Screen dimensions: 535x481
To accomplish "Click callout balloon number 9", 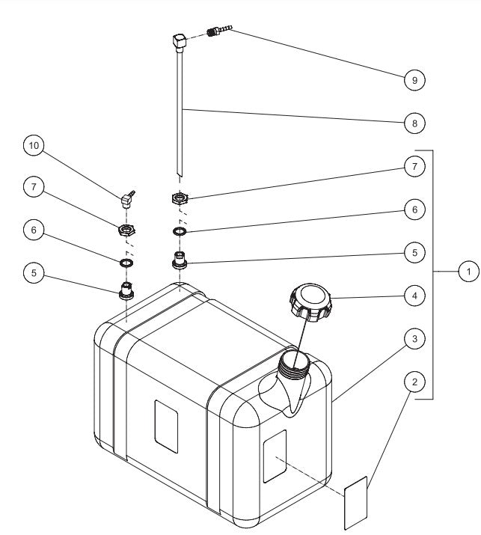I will pos(414,79).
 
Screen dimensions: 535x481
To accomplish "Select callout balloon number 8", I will pos(414,123).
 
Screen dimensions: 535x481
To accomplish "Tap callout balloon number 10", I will pos(33,147).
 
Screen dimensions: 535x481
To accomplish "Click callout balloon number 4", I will pos(414,296).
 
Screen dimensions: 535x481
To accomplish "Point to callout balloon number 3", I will pos(414,339).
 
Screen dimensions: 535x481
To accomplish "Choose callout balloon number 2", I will pos(414,382).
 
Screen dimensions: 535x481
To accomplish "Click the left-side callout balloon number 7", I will pos(33,189).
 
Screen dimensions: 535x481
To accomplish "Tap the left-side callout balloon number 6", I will pos(33,231).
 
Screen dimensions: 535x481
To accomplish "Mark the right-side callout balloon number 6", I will pos(414,210).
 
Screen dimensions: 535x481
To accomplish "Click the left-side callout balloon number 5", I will pos(33,273).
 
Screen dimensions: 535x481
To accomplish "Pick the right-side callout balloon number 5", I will pos(414,253).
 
